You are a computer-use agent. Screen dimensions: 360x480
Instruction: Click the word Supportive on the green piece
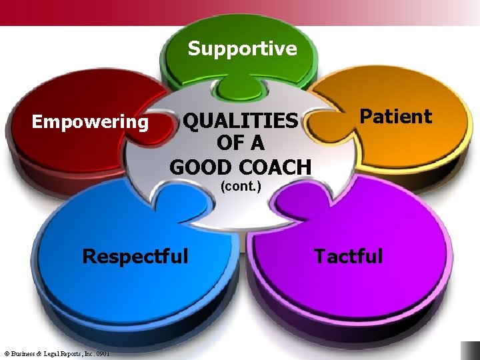click(x=242, y=49)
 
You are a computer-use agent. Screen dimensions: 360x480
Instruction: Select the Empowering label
click(x=90, y=122)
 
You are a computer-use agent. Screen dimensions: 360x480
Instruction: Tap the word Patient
click(x=396, y=117)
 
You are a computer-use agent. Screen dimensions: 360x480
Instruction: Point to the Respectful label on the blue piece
click(x=135, y=256)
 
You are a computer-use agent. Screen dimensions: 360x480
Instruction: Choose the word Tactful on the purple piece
click(x=348, y=256)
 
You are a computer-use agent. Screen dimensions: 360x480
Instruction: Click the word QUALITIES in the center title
click(x=241, y=121)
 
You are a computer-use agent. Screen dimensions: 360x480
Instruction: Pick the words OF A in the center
click(x=241, y=143)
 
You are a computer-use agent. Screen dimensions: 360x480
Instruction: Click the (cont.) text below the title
click(x=241, y=187)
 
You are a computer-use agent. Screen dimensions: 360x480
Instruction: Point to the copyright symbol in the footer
click(x=6, y=353)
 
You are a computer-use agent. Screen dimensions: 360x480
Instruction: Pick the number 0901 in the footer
click(x=102, y=353)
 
